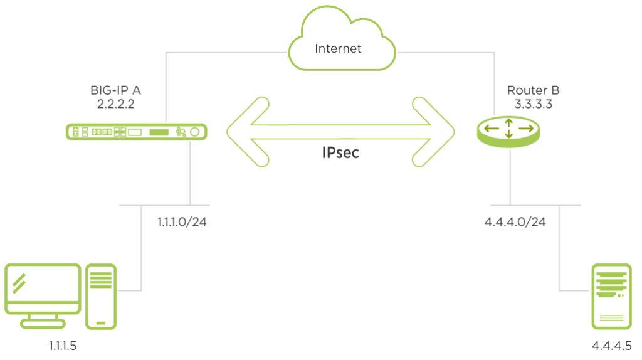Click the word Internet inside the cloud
(338, 48)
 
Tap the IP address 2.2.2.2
(117, 103)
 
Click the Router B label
(528, 90)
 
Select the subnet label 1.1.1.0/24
(182, 221)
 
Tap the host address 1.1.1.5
(63, 346)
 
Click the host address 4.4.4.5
(611, 346)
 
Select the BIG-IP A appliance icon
(136, 132)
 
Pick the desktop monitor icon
(43, 289)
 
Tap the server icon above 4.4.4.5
(611, 296)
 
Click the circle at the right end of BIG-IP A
(196, 132)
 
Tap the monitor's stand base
(43, 324)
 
